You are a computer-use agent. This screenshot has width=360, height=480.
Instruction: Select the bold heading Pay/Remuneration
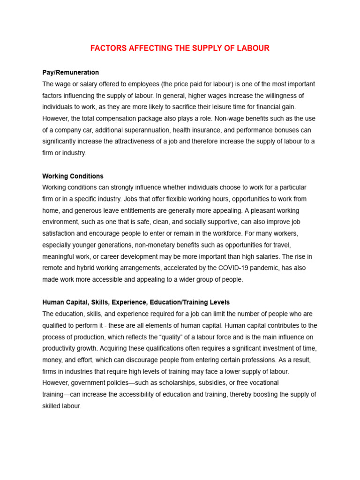(70, 72)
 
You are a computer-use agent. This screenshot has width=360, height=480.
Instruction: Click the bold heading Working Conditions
(73, 176)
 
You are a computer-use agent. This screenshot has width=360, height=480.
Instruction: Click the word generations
(113, 245)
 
